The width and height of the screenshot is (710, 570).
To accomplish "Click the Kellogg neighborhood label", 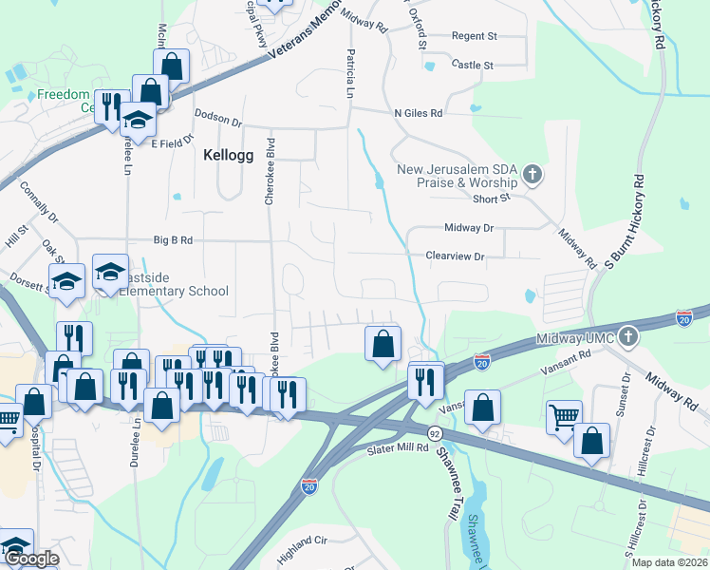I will (229, 155).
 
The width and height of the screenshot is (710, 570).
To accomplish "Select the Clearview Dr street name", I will (455, 256).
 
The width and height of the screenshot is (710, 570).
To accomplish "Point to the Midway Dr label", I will (469, 228).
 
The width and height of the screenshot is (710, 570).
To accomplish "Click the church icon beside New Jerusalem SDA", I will (532, 175).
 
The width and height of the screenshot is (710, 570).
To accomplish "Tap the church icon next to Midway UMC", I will (626, 336).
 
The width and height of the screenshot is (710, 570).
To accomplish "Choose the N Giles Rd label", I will (419, 113).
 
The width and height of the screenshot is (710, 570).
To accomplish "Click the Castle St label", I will (473, 66).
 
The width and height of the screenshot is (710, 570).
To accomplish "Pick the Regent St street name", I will (475, 36).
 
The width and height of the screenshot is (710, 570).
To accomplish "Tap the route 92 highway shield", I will (435, 432).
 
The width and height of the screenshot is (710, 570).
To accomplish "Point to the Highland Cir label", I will (300, 540).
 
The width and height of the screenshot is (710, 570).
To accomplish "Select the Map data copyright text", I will (670, 562).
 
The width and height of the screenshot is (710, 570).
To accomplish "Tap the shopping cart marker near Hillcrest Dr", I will (564, 414).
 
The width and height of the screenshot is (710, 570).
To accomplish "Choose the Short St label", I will (492, 199).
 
